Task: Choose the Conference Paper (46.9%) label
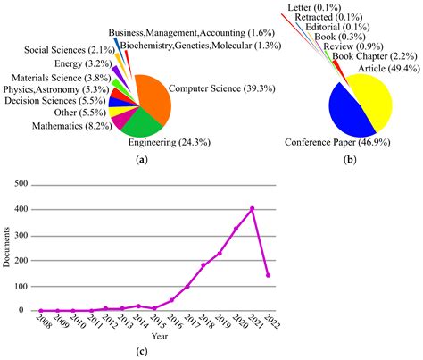click(x=342, y=141)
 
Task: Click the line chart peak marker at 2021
click(x=253, y=209)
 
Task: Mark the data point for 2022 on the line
click(x=269, y=275)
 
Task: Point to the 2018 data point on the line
click(x=203, y=265)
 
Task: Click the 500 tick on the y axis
click(x=21, y=185)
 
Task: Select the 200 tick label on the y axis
click(x=21, y=260)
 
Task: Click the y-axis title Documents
click(x=7, y=247)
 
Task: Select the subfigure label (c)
click(x=142, y=351)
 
